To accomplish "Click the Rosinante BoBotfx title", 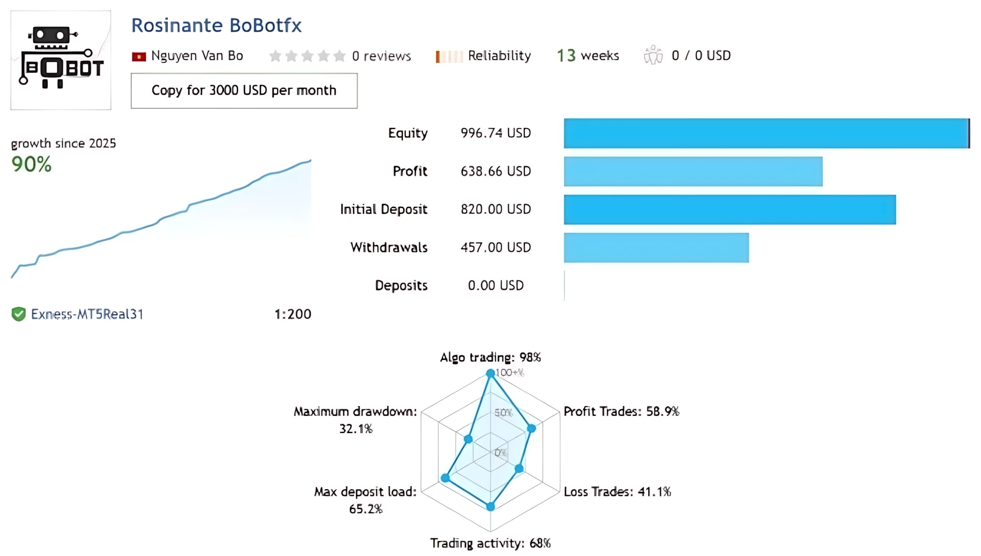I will point(216,25).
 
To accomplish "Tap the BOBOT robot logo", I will point(61,60).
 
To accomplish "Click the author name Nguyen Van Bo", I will point(197,56).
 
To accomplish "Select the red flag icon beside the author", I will point(139,57).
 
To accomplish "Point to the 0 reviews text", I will point(381,56).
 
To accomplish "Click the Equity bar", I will point(766,133).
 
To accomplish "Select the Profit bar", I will point(693,172).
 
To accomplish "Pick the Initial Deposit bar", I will point(729,210).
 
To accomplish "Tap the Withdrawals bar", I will point(656,248).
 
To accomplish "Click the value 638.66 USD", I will point(495,172).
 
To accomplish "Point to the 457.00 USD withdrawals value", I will point(495,248).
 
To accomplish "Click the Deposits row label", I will point(401,286).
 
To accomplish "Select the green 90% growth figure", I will point(31,165).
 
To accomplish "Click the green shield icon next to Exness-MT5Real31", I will point(19,314).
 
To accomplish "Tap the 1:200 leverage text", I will point(292,314).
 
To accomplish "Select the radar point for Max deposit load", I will point(445,478).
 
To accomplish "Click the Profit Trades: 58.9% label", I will point(621,412).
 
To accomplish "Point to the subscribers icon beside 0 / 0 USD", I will point(653,55).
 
